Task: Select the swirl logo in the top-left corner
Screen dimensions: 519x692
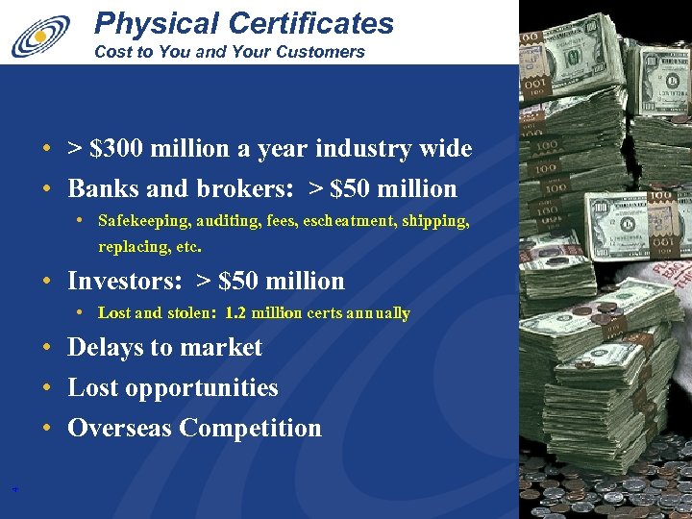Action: [x=40, y=36]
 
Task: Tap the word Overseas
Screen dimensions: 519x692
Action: [x=119, y=429]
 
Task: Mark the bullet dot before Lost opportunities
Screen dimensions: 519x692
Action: [x=46, y=388]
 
